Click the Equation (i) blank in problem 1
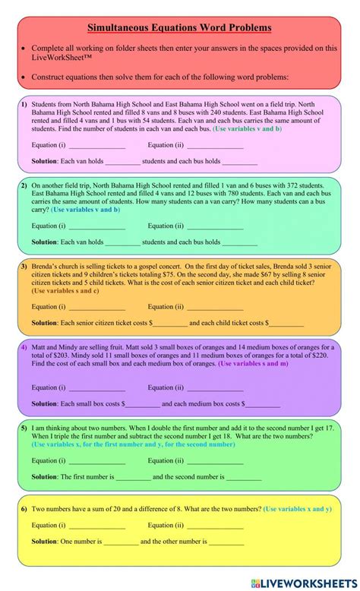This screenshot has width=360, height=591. [x=96, y=145]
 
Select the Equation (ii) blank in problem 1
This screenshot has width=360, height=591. [x=215, y=145]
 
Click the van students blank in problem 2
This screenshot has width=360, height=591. [x=122, y=242]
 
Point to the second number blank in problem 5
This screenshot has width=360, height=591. [x=244, y=478]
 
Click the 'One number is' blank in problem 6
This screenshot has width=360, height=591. [x=121, y=542]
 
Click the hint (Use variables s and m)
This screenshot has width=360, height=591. [x=253, y=364]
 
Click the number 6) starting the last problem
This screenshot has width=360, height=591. [x=24, y=509]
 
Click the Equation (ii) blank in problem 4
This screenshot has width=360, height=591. [x=215, y=387]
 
